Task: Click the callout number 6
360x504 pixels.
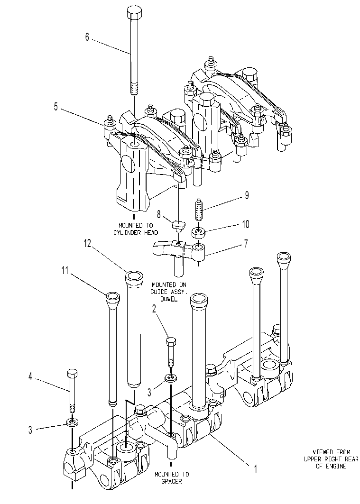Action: click(x=87, y=37)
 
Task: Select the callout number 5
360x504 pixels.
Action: click(x=56, y=107)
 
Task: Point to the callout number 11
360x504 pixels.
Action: click(x=65, y=271)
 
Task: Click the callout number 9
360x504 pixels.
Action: click(x=247, y=195)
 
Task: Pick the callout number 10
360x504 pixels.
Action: click(x=246, y=224)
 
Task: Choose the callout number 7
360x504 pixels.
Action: click(x=246, y=243)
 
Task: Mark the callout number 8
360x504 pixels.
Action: click(x=159, y=214)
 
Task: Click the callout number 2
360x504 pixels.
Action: click(x=154, y=309)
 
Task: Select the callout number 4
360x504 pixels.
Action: click(x=30, y=376)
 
